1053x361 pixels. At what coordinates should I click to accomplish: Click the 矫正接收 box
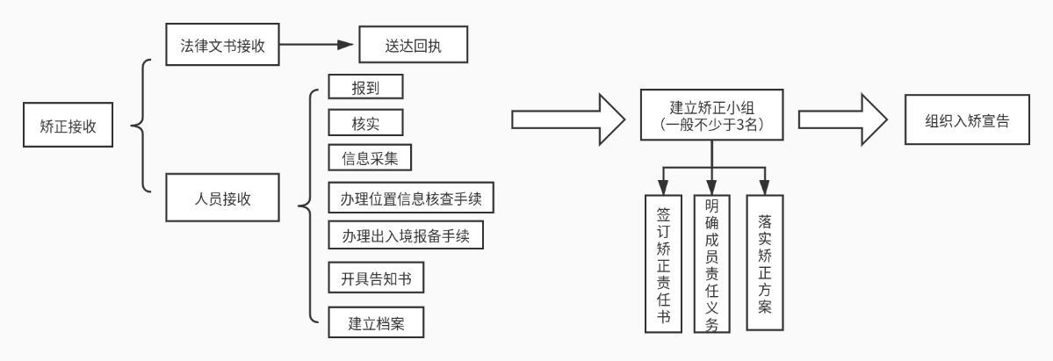[x=68, y=125]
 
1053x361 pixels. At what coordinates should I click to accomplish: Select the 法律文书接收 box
[x=222, y=45]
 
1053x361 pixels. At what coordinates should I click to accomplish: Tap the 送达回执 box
[x=413, y=45]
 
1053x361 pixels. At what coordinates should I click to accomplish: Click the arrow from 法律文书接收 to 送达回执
[x=316, y=45]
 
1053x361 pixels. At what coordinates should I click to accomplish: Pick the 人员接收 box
[x=222, y=198]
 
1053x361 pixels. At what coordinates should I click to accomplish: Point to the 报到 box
[x=365, y=87]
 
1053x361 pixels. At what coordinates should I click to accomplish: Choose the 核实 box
[x=365, y=122]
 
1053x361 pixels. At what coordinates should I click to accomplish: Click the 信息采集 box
[x=370, y=157]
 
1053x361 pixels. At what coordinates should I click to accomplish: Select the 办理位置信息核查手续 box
[x=411, y=198]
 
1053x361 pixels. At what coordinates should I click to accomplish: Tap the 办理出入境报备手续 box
[x=406, y=235]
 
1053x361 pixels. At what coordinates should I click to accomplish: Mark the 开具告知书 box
[x=376, y=278]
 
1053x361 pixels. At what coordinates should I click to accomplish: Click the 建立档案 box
[x=376, y=322]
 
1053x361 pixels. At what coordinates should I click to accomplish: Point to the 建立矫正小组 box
[x=712, y=115]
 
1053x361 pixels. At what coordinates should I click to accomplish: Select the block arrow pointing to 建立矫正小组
[x=569, y=119]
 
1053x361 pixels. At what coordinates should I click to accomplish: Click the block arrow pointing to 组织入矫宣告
[x=843, y=119]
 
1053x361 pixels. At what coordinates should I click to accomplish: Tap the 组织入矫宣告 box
[x=967, y=119]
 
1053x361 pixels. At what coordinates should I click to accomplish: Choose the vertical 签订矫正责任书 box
[x=663, y=264]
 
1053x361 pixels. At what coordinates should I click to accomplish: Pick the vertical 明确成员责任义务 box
[x=712, y=264]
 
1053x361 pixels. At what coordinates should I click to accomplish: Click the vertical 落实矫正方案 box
[x=765, y=263]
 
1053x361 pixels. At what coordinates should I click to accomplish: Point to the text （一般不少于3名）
[x=712, y=124]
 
